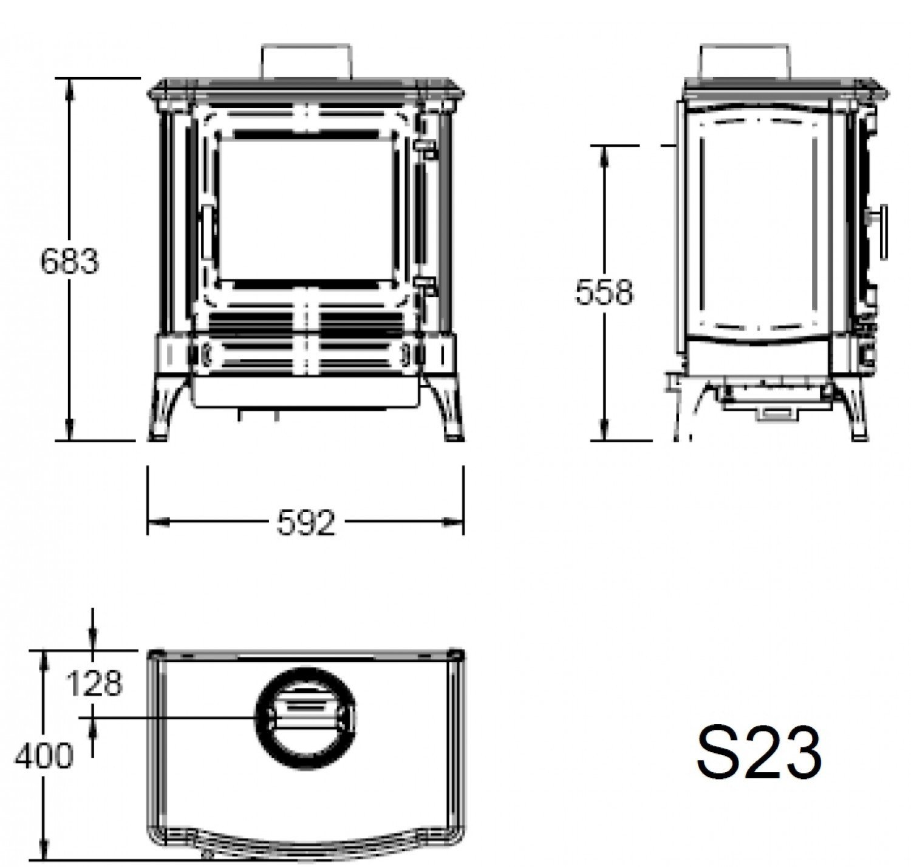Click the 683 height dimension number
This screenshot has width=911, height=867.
coord(69,261)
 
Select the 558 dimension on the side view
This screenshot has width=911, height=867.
coord(604,293)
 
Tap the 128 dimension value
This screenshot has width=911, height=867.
coord(95,684)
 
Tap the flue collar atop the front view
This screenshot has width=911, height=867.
coord(306,62)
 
